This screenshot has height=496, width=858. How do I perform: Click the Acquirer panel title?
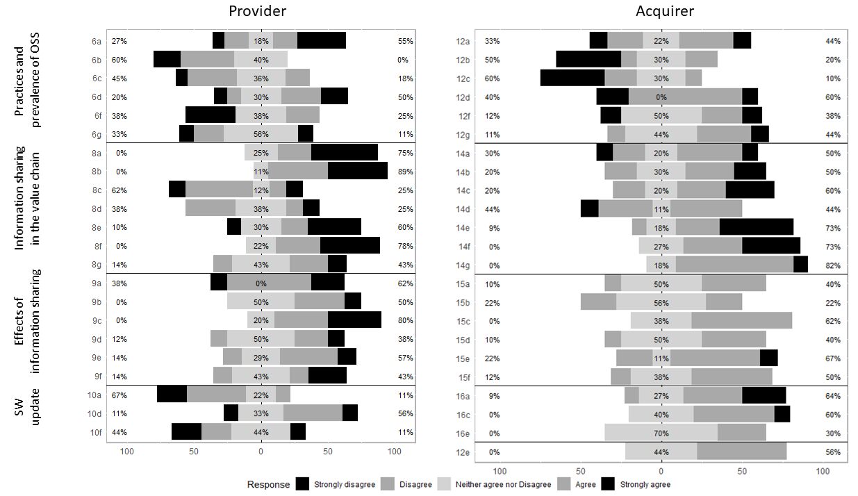(x=665, y=10)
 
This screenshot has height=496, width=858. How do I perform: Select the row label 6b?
(x=96, y=60)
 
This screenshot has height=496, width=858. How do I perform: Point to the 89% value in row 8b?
(x=405, y=172)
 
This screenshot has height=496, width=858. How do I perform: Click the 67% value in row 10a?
(x=119, y=395)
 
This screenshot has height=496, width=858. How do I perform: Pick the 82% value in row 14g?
(x=833, y=265)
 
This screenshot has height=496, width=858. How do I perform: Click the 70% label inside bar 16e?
(x=661, y=433)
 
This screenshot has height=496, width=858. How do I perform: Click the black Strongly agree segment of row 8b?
(x=357, y=172)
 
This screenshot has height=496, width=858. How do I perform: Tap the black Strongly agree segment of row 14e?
(x=756, y=228)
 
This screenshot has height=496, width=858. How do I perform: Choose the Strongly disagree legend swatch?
(x=302, y=484)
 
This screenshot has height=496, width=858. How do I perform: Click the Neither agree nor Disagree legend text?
(x=503, y=484)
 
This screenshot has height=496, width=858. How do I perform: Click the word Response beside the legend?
(x=268, y=484)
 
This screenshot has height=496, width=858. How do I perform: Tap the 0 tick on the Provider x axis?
(x=261, y=452)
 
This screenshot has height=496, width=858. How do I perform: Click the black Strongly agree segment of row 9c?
(x=354, y=320)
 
